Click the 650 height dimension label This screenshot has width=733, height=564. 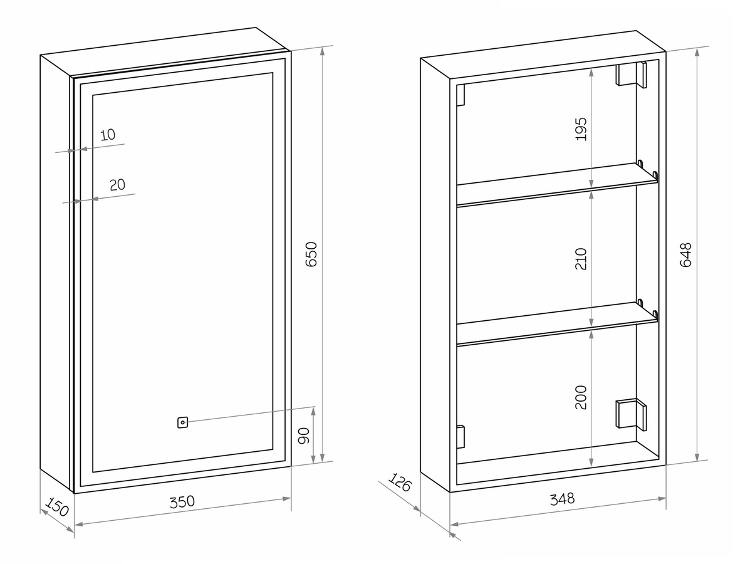click(x=311, y=254)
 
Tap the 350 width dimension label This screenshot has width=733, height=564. click(x=182, y=502)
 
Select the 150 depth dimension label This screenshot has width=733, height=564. click(x=57, y=506)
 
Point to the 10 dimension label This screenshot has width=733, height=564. click(x=108, y=135)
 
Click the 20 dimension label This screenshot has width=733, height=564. click(x=117, y=185)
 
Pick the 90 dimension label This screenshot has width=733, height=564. click(x=304, y=436)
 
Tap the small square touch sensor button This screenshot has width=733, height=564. click(x=182, y=422)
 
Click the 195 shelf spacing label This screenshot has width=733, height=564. click(x=581, y=128)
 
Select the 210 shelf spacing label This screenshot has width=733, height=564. click(x=581, y=259)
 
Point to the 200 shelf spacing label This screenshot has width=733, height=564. click(x=581, y=397)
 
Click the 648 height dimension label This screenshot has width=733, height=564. click(x=685, y=255)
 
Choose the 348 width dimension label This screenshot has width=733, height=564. click(x=562, y=499)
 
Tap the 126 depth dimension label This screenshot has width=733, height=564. click(x=400, y=482)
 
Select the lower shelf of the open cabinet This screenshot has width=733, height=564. click(x=557, y=323)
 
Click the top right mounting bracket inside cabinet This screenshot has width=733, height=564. click(x=632, y=75)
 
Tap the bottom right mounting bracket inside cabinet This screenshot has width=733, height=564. click(x=632, y=414)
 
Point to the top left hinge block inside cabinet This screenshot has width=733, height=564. click(x=460, y=95)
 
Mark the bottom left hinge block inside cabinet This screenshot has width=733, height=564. click(x=460, y=437)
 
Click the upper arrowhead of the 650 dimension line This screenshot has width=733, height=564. click(x=323, y=51)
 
